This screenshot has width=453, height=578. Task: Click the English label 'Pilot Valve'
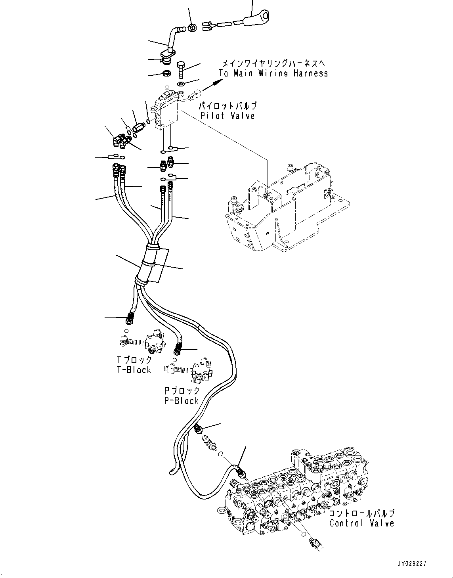click(x=228, y=115)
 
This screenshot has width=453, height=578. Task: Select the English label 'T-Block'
click(x=134, y=369)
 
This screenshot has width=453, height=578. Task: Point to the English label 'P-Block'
click(x=181, y=400)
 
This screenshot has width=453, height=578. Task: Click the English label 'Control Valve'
click(x=362, y=523)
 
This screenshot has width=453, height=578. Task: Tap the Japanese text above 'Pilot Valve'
click(x=227, y=106)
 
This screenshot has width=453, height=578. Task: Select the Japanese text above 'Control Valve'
click(x=362, y=513)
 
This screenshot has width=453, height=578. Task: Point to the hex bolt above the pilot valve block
click(x=182, y=70)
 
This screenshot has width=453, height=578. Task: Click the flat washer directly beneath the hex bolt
click(x=181, y=84)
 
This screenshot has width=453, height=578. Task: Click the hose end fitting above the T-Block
click(x=129, y=317)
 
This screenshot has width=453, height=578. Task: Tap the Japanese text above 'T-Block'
click(x=134, y=360)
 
